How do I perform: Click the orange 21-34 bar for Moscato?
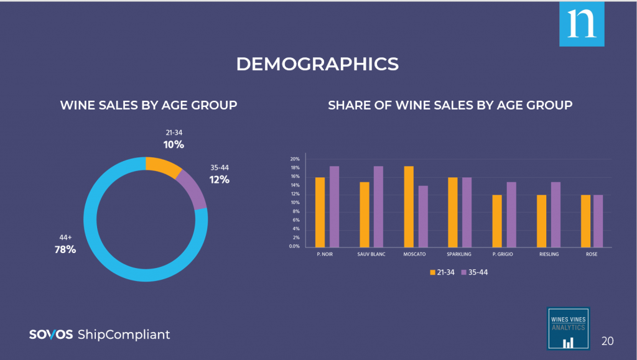tap(409, 206)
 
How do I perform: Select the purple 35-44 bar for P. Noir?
tap(334, 206)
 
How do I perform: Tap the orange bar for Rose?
tap(585, 221)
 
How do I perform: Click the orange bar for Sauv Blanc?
tap(365, 214)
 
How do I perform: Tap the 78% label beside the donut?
tap(65, 249)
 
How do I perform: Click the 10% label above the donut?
tap(174, 144)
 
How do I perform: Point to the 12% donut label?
tap(219, 180)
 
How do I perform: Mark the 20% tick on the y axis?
tap(295, 159)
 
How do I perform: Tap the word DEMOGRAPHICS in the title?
tap(317, 64)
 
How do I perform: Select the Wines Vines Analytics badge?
tap(568, 328)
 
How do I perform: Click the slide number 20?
tap(608, 341)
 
